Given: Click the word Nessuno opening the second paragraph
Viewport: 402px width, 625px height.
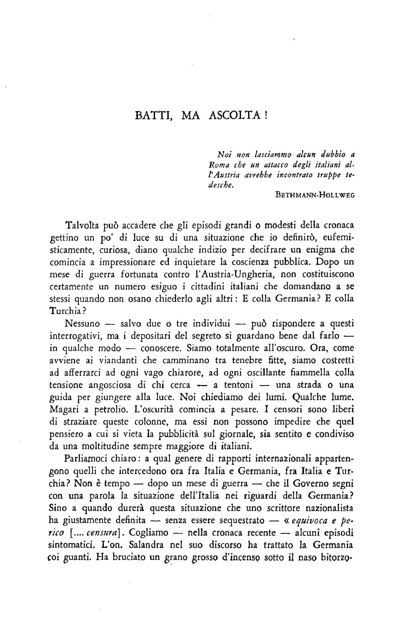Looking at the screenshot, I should click(x=82, y=324).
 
